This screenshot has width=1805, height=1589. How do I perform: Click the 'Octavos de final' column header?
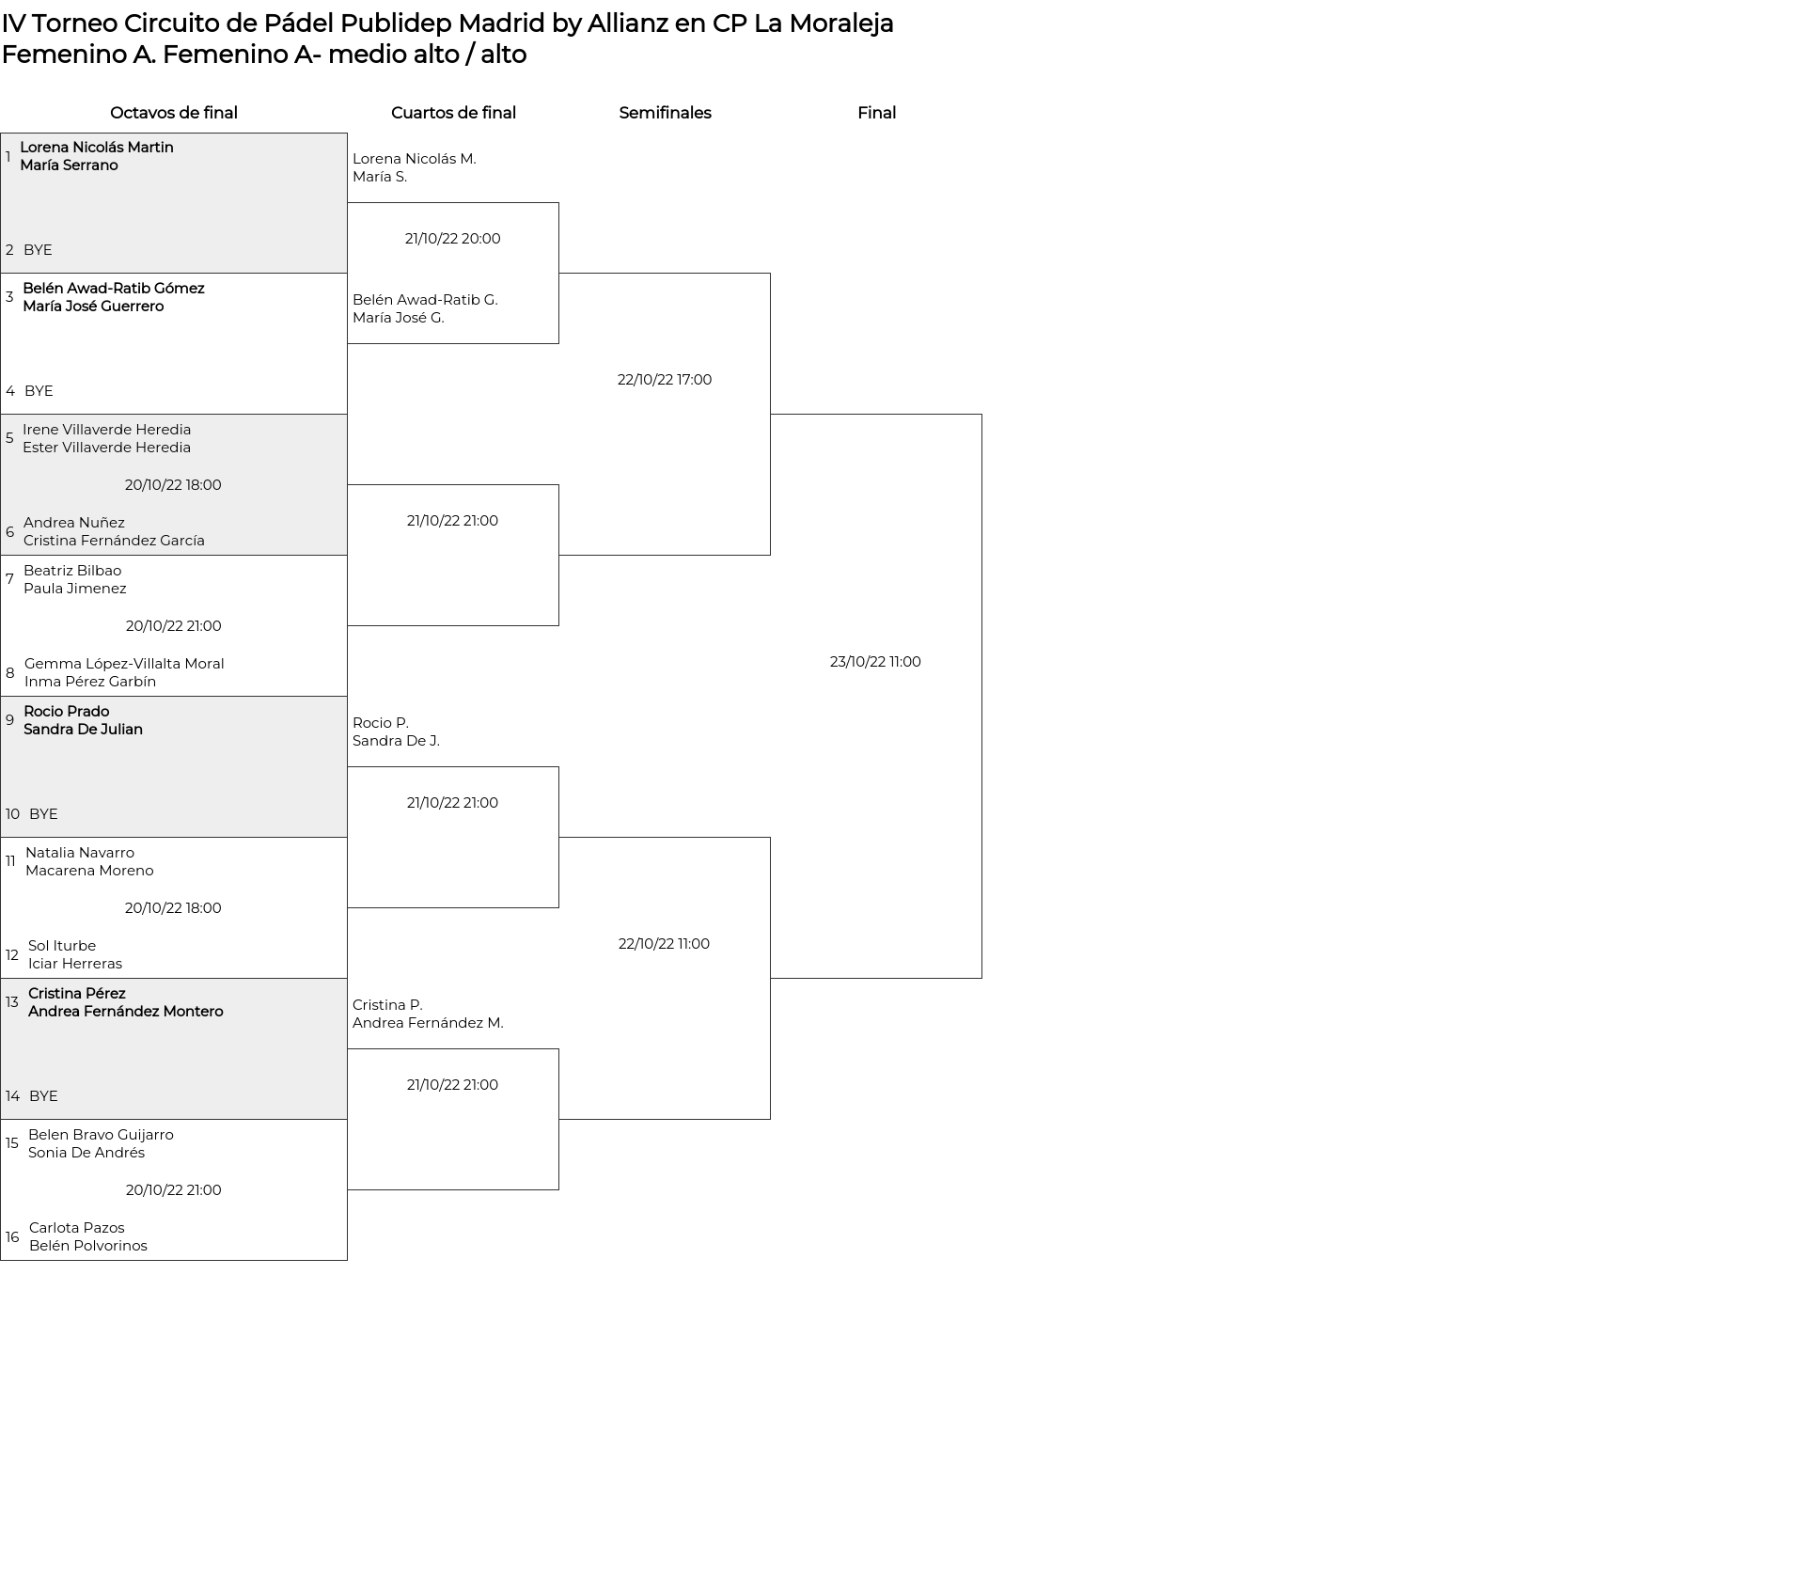point(174,113)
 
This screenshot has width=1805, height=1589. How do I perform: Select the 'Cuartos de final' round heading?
point(453,113)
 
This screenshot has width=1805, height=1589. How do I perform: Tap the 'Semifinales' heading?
point(665,113)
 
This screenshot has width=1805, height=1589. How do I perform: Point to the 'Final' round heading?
point(876,113)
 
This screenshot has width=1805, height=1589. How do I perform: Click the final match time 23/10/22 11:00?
point(875,662)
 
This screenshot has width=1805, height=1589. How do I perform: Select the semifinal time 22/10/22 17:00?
point(665,380)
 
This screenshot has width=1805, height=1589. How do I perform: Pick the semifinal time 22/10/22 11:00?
point(664,944)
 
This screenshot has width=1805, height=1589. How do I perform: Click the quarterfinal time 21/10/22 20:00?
point(452,239)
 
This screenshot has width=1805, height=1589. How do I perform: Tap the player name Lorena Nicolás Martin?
point(97,148)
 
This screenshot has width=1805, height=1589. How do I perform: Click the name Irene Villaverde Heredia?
point(106,430)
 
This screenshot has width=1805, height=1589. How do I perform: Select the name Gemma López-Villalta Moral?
point(124,664)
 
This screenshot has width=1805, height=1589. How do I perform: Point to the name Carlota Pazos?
point(76,1228)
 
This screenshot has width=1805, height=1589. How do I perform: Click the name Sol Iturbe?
point(62,946)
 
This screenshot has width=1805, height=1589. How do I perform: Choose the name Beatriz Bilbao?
point(72,571)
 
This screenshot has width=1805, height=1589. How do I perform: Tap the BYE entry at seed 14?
point(43,1096)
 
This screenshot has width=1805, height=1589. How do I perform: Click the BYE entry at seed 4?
point(39,391)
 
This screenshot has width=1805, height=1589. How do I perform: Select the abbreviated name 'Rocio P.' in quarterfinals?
point(380,723)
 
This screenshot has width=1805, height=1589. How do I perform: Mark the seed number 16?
point(12,1237)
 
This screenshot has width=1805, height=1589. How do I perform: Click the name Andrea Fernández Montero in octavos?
point(126,1012)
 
